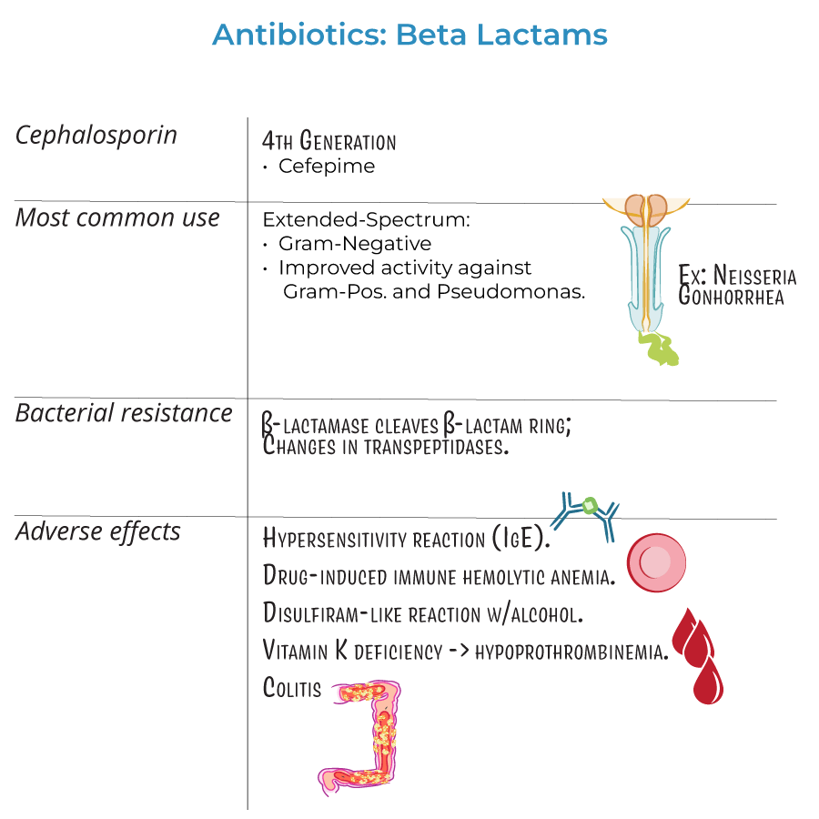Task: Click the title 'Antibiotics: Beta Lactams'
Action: click(x=409, y=35)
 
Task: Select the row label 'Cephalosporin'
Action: click(x=96, y=136)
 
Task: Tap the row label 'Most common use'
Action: click(x=117, y=218)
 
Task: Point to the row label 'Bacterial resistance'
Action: click(x=124, y=413)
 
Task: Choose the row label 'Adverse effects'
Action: click(x=98, y=531)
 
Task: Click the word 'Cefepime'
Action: click(x=327, y=167)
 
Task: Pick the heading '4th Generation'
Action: click(x=329, y=141)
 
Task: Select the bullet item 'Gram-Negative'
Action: click(x=355, y=244)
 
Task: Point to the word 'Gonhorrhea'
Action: click(x=731, y=297)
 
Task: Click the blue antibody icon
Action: click(x=589, y=514)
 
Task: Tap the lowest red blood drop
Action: click(x=707, y=681)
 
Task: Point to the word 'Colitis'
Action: click(x=291, y=688)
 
